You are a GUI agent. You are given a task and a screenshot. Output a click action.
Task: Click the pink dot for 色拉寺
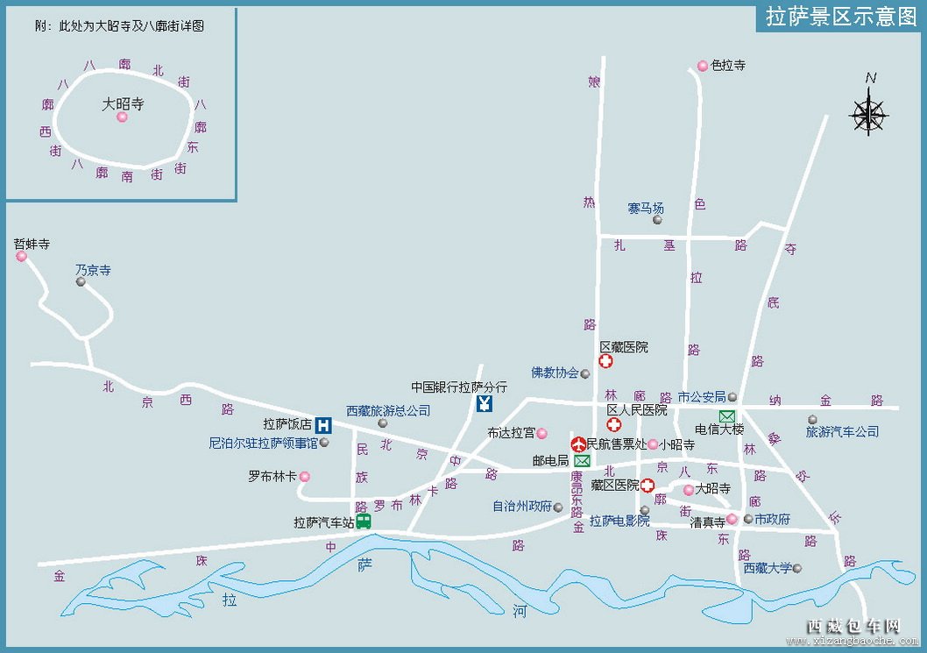[702, 66]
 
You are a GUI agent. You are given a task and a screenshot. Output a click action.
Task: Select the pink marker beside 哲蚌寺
[21, 257]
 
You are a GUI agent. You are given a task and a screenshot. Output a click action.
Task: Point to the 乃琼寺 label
[93, 271]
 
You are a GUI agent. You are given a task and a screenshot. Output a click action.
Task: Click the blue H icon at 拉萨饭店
[323, 425]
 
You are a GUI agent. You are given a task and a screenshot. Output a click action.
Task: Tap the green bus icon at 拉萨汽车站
[363, 522]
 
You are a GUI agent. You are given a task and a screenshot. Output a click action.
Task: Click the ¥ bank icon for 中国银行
[485, 403]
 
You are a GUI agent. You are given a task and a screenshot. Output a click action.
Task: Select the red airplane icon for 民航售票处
[578, 444]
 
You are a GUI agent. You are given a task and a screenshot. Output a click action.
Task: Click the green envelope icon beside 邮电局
[582, 461]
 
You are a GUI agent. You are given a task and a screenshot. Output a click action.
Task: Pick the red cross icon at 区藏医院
[605, 361]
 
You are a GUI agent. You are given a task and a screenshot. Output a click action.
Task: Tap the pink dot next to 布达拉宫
[541, 433]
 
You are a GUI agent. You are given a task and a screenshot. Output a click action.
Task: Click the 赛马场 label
[646, 208]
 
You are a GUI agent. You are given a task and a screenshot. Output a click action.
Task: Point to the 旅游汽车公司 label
[842, 431]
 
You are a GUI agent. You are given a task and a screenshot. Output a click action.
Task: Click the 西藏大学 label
[768, 568]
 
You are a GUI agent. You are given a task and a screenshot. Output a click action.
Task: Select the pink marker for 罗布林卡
[304, 477]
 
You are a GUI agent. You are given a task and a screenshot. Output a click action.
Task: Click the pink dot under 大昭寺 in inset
[122, 117]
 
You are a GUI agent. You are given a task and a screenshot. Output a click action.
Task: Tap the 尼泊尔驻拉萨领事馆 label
[263, 444]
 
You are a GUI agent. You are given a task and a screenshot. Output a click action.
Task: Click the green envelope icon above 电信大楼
[727, 415]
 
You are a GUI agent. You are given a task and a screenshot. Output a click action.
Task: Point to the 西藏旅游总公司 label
[388, 410]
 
